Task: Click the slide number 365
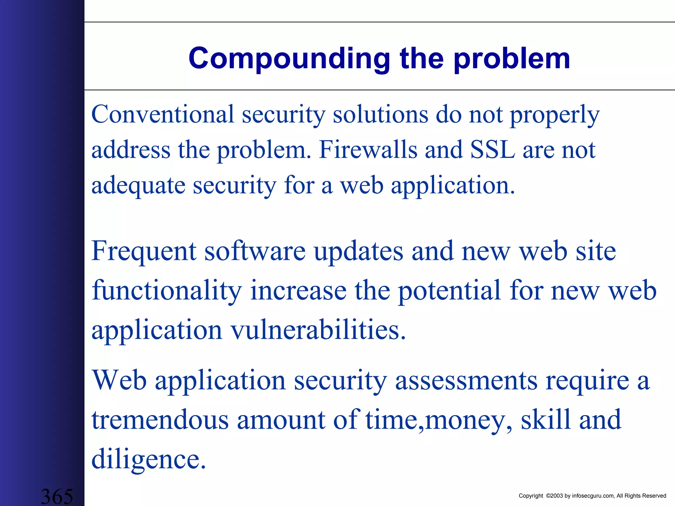(57, 496)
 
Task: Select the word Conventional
(162, 114)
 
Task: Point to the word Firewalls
(368, 150)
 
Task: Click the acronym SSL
(492, 150)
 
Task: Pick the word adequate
(138, 185)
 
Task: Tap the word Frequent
(144, 251)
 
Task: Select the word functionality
(166, 291)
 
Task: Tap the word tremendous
(160, 420)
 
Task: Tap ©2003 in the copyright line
(554, 496)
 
